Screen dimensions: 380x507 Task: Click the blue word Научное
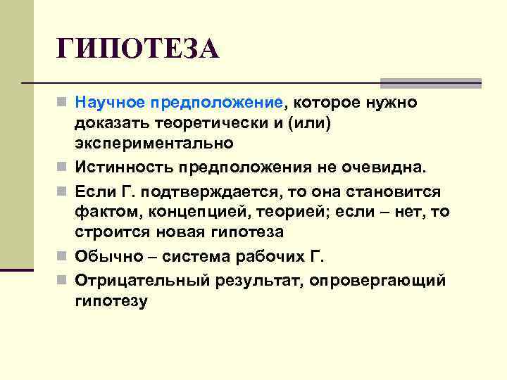pos(111,103)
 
